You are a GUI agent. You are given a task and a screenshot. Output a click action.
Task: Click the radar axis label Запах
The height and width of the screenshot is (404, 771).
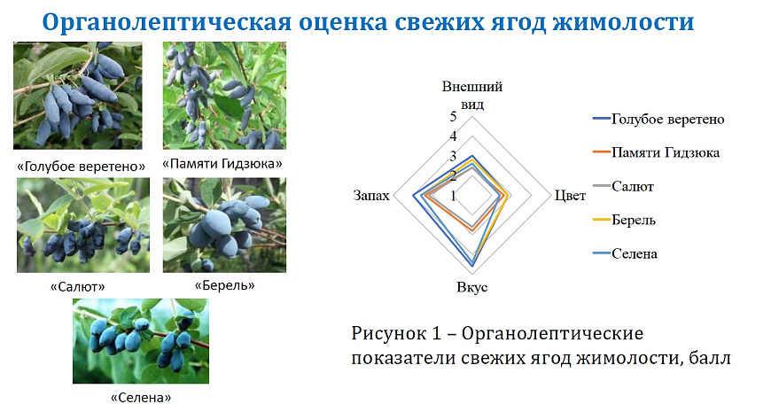tap(371, 196)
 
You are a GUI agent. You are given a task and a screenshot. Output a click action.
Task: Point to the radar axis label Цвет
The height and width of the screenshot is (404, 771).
tap(570, 196)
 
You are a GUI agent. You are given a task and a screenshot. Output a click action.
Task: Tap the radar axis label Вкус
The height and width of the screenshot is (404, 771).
tap(472, 287)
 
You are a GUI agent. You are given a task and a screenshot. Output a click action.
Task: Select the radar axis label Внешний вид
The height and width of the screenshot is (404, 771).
tap(472, 96)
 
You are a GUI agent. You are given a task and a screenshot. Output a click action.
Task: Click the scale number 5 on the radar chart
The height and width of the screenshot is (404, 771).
tap(453, 116)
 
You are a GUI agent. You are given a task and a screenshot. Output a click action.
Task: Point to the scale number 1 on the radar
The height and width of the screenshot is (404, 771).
tap(453, 196)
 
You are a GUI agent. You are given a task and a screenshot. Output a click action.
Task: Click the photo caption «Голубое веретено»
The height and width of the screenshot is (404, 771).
tap(82, 167)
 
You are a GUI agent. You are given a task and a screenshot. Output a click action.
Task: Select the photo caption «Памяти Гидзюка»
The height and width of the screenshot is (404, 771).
tap(222, 164)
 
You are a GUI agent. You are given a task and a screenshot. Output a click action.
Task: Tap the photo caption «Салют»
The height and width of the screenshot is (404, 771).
tap(78, 287)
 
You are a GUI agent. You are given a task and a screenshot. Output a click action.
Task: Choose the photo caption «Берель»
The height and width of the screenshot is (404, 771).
tap(225, 285)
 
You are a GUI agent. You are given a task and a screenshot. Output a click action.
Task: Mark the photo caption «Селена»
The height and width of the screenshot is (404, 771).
tap(141, 397)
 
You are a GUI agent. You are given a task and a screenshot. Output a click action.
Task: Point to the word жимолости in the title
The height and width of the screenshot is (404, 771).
tap(624, 22)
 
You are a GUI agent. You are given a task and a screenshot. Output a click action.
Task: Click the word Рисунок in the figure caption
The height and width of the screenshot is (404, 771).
tap(389, 334)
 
